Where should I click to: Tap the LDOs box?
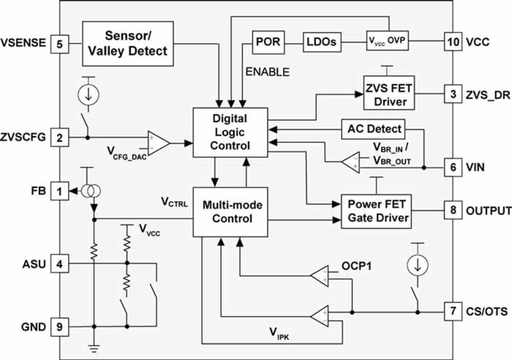pos(322,42)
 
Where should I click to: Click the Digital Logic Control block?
pos(230,132)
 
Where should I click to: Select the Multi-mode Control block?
pos(230,212)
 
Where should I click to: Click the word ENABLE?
pos(267,72)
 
